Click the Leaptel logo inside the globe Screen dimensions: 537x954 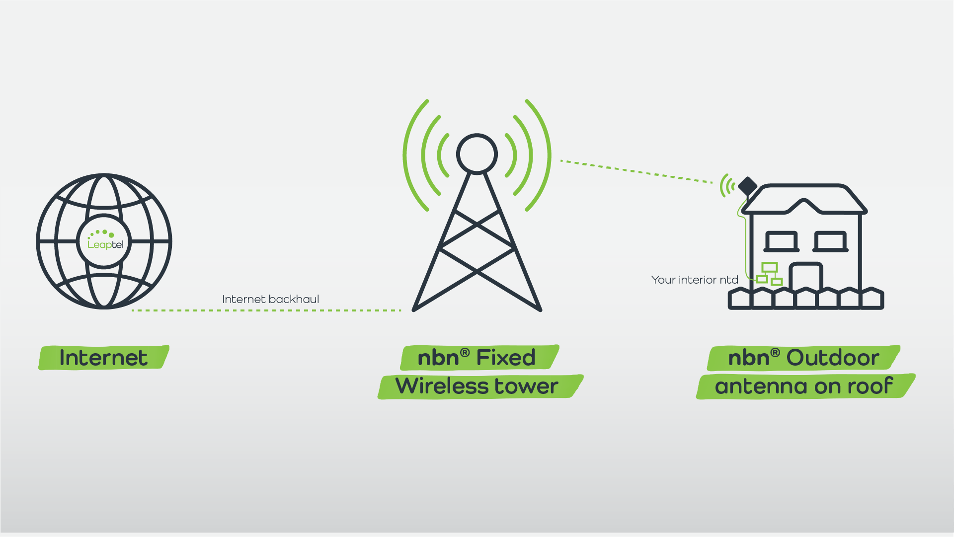pyautogui.click(x=105, y=240)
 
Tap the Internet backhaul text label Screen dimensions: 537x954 pyautogui.click(x=270, y=299)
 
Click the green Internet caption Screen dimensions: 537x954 pyautogui.click(x=103, y=358)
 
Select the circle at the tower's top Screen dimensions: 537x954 pyautogui.click(x=477, y=154)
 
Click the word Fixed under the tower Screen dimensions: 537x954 pyautogui.click(x=506, y=358)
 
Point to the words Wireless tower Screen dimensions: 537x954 pyautogui.click(x=477, y=386)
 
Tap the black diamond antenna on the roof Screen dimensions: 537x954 pyautogui.click(x=747, y=186)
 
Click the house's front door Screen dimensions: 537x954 pyautogui.click(x=806, y=278)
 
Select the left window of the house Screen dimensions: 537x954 pyautogui.click(x=781, y=241)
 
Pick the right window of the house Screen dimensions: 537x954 pyautogui.click(x=830, y=241)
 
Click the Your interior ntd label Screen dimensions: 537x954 pyautogui.click(x=694, y=280)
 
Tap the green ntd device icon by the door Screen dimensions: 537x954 pyautogui.click(x=769, y=274)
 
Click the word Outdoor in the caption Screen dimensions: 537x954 pyautogui.click(x=833, y=358)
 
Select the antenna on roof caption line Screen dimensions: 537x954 pyautogui.click(x=804, y=386)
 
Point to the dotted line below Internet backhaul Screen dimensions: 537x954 pyautogui.click(x=266, y=310)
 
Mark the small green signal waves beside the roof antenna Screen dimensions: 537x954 pyautogui.click(x=727, y=186)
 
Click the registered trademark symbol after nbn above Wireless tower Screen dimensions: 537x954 pyautogui.click(x=465, y=353)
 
